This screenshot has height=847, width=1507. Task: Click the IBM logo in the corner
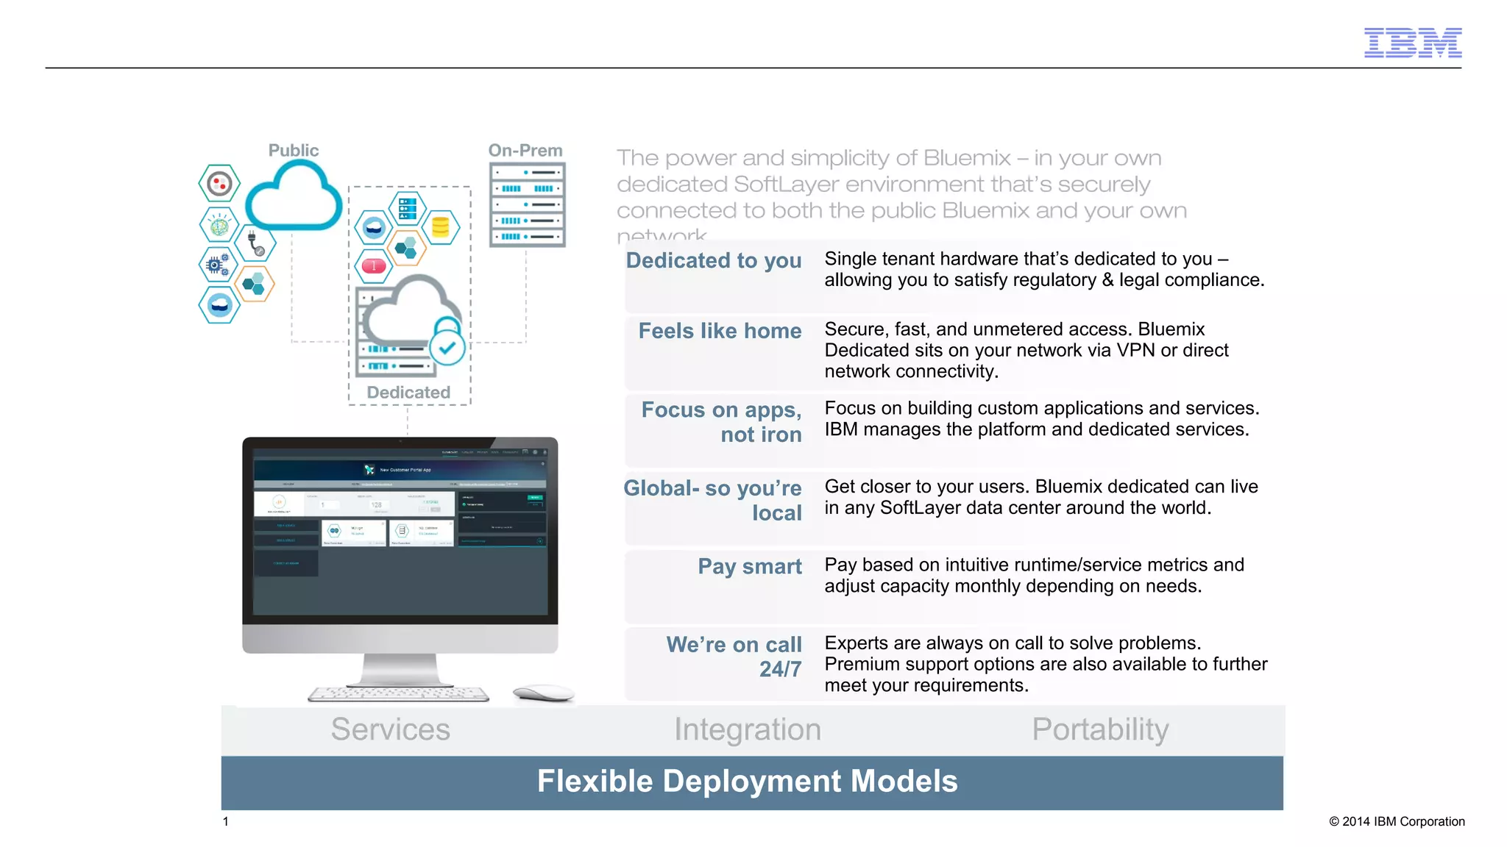click(1412, 43)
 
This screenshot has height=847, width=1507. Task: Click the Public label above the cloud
click(293, 150)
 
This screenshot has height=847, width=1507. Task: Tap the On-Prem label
click(525, 150)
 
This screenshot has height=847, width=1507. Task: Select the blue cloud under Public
click(293, 197)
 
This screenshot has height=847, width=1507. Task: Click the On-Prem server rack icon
click(527, 204)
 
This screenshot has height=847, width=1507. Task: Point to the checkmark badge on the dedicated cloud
click(447, 348)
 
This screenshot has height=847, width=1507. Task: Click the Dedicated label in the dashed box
click(408, 393)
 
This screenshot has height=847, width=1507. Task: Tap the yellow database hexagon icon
click(440, 227)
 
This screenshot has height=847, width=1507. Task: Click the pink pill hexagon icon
click(374, 265)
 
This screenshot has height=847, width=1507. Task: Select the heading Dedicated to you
click(713, 260)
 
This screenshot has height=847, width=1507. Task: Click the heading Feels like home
click(719, 331)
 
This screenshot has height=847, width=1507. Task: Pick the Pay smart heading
click(749, 566)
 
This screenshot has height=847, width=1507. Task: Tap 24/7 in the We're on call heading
click(780, 669)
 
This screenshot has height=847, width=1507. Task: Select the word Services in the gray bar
click(390, 729)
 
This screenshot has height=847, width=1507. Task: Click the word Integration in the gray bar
click(748, 729)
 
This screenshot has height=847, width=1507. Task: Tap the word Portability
click(1100, 729)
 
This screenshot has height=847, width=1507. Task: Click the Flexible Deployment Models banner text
click(747, 781)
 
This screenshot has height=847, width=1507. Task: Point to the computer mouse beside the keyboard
click(543, 693)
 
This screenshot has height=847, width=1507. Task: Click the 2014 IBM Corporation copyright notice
click(1396, 821)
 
